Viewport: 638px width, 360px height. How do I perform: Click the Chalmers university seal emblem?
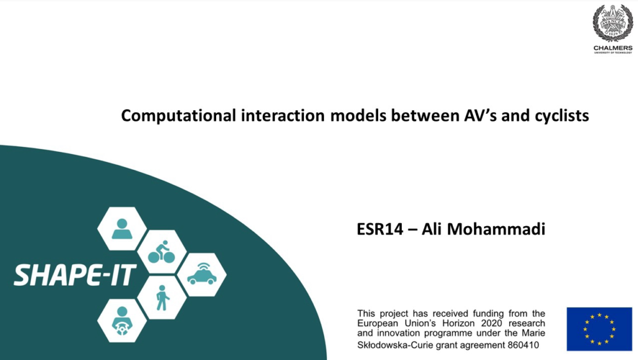tap(612, 23)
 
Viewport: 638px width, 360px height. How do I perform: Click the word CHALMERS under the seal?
tap(613, 48)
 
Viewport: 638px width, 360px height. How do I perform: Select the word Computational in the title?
tap(179, 115)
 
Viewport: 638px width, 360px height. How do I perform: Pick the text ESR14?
tap(379, 229)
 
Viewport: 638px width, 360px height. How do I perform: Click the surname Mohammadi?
tap(496, 229)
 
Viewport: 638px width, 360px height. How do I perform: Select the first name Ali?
tap(431, 229)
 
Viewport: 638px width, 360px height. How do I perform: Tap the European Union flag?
tap(599, 329)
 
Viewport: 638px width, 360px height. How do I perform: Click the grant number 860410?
tap(523, 345)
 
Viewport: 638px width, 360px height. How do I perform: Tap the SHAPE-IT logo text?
tap(75, 275)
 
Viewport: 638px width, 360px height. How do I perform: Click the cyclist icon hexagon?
tap(161, 252)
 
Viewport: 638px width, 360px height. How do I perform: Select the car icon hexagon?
tap(202, 275)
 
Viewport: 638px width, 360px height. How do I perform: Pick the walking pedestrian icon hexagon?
tap(162, 298)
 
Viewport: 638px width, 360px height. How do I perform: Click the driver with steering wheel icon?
tap(121, 321)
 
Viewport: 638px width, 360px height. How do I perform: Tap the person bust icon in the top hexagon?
tap(121, 229)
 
